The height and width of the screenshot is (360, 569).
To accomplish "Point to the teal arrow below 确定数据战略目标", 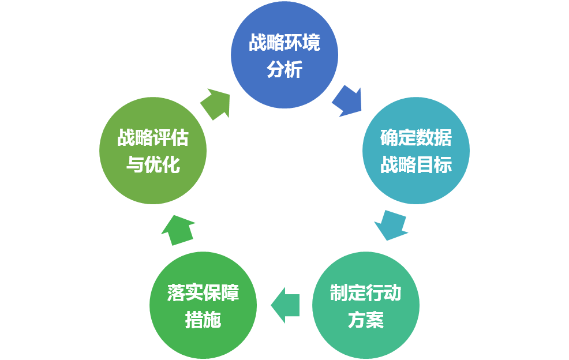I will pos(391,225).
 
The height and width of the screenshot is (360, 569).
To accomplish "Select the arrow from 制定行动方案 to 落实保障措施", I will pos(286,305).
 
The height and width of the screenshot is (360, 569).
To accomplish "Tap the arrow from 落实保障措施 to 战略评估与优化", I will pos(177,229).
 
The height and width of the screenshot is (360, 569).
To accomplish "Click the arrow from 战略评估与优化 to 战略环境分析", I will pos(216,103).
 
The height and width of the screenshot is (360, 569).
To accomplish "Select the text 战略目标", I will pos(415,165).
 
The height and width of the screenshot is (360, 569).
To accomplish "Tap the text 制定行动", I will pos(365,293).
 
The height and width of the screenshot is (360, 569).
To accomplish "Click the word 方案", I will pos(365,320).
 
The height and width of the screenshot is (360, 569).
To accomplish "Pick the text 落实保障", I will pos(203,293).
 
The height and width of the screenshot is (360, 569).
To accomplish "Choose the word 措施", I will pos(203,320).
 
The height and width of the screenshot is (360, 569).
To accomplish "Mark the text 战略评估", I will pos(153,138).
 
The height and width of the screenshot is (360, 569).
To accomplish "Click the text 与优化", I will pos(153,165).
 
